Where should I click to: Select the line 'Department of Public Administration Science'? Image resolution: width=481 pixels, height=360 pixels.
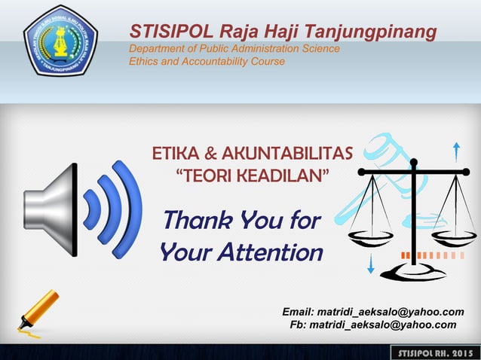coord(234,49)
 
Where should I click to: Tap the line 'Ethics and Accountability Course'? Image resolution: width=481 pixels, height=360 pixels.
coord(207,61)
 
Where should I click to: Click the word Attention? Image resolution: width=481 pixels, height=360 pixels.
coord(270,252)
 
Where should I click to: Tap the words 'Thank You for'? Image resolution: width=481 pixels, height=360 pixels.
coord(241,221)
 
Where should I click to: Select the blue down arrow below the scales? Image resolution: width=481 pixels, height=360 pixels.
coord(371,264)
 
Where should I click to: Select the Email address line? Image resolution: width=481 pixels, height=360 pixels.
coord(372,312)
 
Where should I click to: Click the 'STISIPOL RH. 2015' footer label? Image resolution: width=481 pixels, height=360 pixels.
coord(434,353)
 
